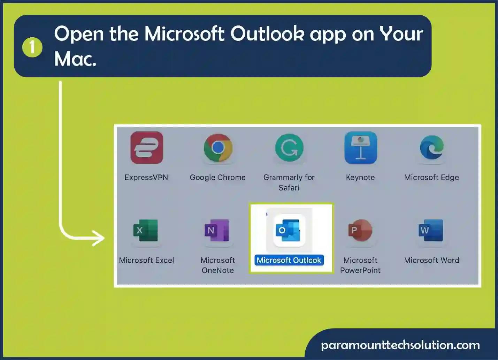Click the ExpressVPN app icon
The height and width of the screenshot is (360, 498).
click(x=147, y=148)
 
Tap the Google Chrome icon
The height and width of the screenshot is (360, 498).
click(x=218, y=148)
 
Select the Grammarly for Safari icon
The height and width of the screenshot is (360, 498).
click(x=289, y=148)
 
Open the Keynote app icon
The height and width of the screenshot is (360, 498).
click(x=361, y=148)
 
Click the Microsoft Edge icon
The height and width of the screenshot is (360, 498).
click(x=432, y=148)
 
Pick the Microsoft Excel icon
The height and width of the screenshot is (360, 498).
click(x=146, y=230)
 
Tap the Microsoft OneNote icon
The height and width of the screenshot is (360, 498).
click(x=217, y=230)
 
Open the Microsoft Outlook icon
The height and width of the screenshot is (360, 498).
click(x=289, y=230)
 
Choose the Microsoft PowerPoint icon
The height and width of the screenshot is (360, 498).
click(x=360, y=230)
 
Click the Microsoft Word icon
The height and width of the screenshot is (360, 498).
click(x=431, y=230)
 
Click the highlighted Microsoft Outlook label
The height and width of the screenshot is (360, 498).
click(x=289, y=260)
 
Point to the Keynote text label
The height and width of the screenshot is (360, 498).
click(x=360, y=177)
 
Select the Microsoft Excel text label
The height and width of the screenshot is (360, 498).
click(x=146, y=260)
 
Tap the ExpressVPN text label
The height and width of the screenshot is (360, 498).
click(x=146, y=177)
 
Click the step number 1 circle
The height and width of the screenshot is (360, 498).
click(x=32, y=47)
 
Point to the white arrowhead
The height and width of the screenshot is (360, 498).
click(x=99, y=238)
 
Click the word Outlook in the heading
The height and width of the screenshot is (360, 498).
click(x=267, y=34)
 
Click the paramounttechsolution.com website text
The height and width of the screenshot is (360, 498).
click(x=400, y=345)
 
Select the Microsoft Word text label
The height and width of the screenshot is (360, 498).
click(x=432, y=260)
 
